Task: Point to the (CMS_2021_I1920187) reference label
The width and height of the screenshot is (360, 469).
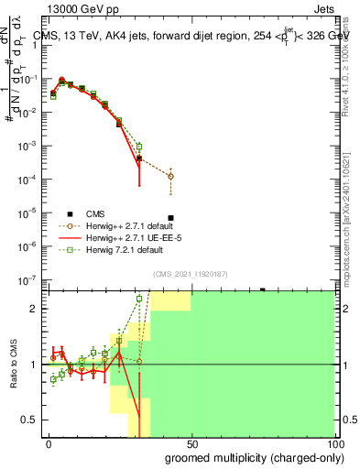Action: pos(191,273)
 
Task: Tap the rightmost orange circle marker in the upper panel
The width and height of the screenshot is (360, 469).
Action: pos(171,176)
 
